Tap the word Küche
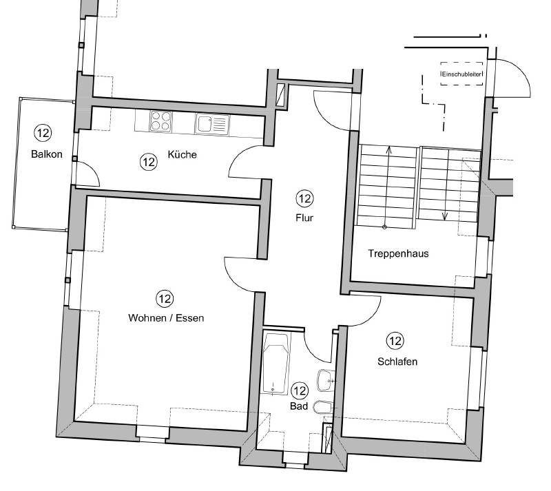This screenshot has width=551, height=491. pyautogui.click(x=182, y=154)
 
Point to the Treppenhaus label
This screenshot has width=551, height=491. pyautogui.click(x=398, y=253)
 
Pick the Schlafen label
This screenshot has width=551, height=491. pyautogui.click(x=397, y=362)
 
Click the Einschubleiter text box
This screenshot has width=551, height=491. pyautogui.click(x=461, y=74)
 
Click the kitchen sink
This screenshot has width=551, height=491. pyautogui.click(x=211, y=123)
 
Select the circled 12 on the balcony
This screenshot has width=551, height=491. pyautogui.click(x=43, y=133)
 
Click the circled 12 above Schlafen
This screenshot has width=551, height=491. pyautogui.click(x=395, y=340)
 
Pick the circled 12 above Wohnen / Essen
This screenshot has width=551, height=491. pyautogui.click(x=165, y=299)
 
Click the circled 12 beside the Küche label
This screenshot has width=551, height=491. pyautogui.click(x=147, y=162)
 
